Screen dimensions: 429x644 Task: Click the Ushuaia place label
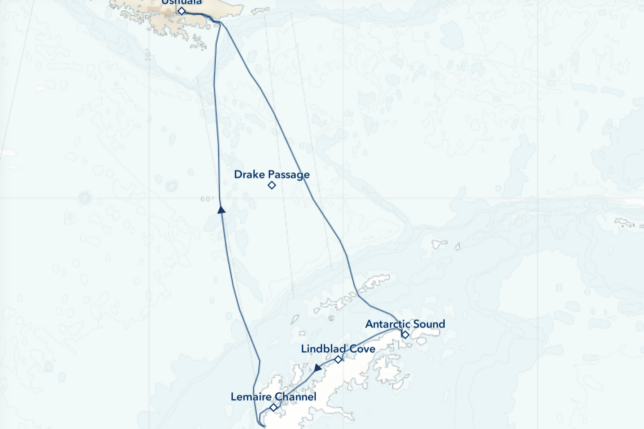[181, 3]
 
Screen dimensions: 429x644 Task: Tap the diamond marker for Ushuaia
[181, 12]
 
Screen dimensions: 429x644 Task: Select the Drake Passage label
[272, 174]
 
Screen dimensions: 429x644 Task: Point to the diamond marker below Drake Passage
[272, 185]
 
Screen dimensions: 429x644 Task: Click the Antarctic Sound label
[405, 324]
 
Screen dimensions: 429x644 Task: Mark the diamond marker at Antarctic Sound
[405, 335]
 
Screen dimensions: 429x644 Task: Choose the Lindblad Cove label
[338, 349]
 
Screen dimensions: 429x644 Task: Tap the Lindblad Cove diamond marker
[339, 359]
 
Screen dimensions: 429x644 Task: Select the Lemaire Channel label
[273, 397]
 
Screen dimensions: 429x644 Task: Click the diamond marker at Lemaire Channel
[273, 407]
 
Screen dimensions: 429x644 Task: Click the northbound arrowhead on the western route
[220, 210]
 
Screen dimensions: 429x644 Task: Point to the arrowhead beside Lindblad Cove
[317, 368]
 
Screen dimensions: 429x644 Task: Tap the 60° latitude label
[205, 199]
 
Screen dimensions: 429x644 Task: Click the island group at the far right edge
[628, 223]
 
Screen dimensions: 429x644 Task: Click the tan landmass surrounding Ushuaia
[150, 10]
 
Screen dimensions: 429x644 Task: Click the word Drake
[251, 174]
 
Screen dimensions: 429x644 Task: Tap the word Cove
[361, 349]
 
